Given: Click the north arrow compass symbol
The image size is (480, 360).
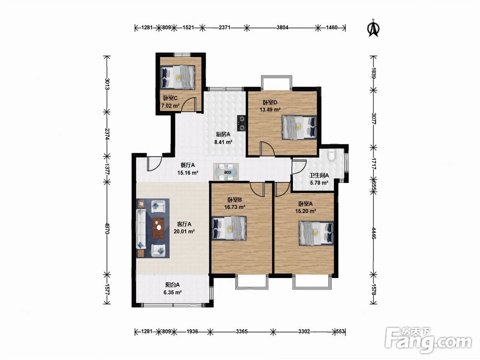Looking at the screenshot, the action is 373,28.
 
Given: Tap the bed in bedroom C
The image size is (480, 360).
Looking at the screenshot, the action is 178,77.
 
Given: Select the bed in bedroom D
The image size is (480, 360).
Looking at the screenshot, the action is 299,127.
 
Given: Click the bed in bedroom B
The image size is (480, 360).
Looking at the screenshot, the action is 229,228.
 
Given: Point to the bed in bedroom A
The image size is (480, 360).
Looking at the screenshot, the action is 316,233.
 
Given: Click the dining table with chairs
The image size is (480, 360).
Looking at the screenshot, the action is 227,172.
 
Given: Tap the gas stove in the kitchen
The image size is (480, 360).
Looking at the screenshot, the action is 241,123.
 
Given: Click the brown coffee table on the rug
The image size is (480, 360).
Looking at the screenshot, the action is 158,228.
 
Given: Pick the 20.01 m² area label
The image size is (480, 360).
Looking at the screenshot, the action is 184,232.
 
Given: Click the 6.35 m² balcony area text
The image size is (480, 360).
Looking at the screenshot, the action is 173,292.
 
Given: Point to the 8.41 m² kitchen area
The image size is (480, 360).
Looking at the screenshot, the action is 223,142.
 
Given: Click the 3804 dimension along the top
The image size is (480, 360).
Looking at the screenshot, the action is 282,27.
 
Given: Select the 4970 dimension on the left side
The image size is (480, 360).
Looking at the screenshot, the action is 107,228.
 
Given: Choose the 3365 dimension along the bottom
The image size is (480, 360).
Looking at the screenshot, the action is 242,331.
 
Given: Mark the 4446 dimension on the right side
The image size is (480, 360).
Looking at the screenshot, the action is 373,233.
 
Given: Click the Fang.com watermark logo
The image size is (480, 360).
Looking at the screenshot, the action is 428,340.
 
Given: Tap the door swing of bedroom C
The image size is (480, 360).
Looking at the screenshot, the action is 188,104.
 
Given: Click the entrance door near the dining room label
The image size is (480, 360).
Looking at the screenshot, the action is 154,164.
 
